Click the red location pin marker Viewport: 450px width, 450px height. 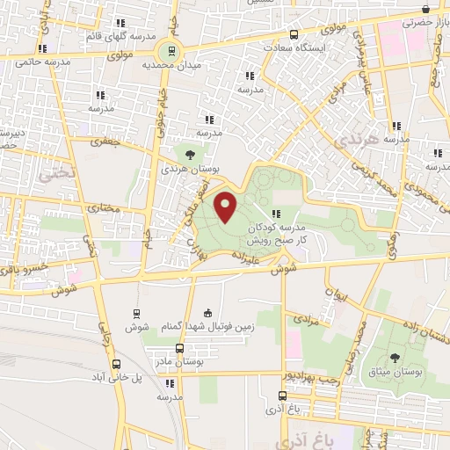pyautogui.click(x=227, y=207)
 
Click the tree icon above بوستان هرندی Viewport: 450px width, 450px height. pyautogui.click(x=191, y=154)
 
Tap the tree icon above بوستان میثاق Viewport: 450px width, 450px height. pyautogui.click(x=393, y=358)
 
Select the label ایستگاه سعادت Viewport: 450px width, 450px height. pyautogui.click(x=318, y=45)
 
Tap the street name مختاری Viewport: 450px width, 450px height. pyautogui.click(x=107, y=208)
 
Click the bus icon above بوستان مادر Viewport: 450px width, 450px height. pyautogui.click(x=180, y=348)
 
